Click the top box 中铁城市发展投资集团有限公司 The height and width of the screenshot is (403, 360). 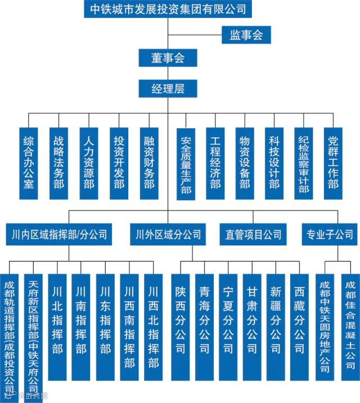pos(166,9)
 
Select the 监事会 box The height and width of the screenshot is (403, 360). pos(246,35)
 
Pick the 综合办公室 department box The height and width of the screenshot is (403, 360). pos(29,163)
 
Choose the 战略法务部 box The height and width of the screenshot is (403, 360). pos(59,163)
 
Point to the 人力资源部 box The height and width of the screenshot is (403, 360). pos(89,163)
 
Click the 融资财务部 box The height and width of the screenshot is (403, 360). pos(149,163)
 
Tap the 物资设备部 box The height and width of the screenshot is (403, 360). pos(245,163)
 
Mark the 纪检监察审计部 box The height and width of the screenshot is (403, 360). pos(304,163)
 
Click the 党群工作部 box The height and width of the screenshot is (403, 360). pos(334,163)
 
